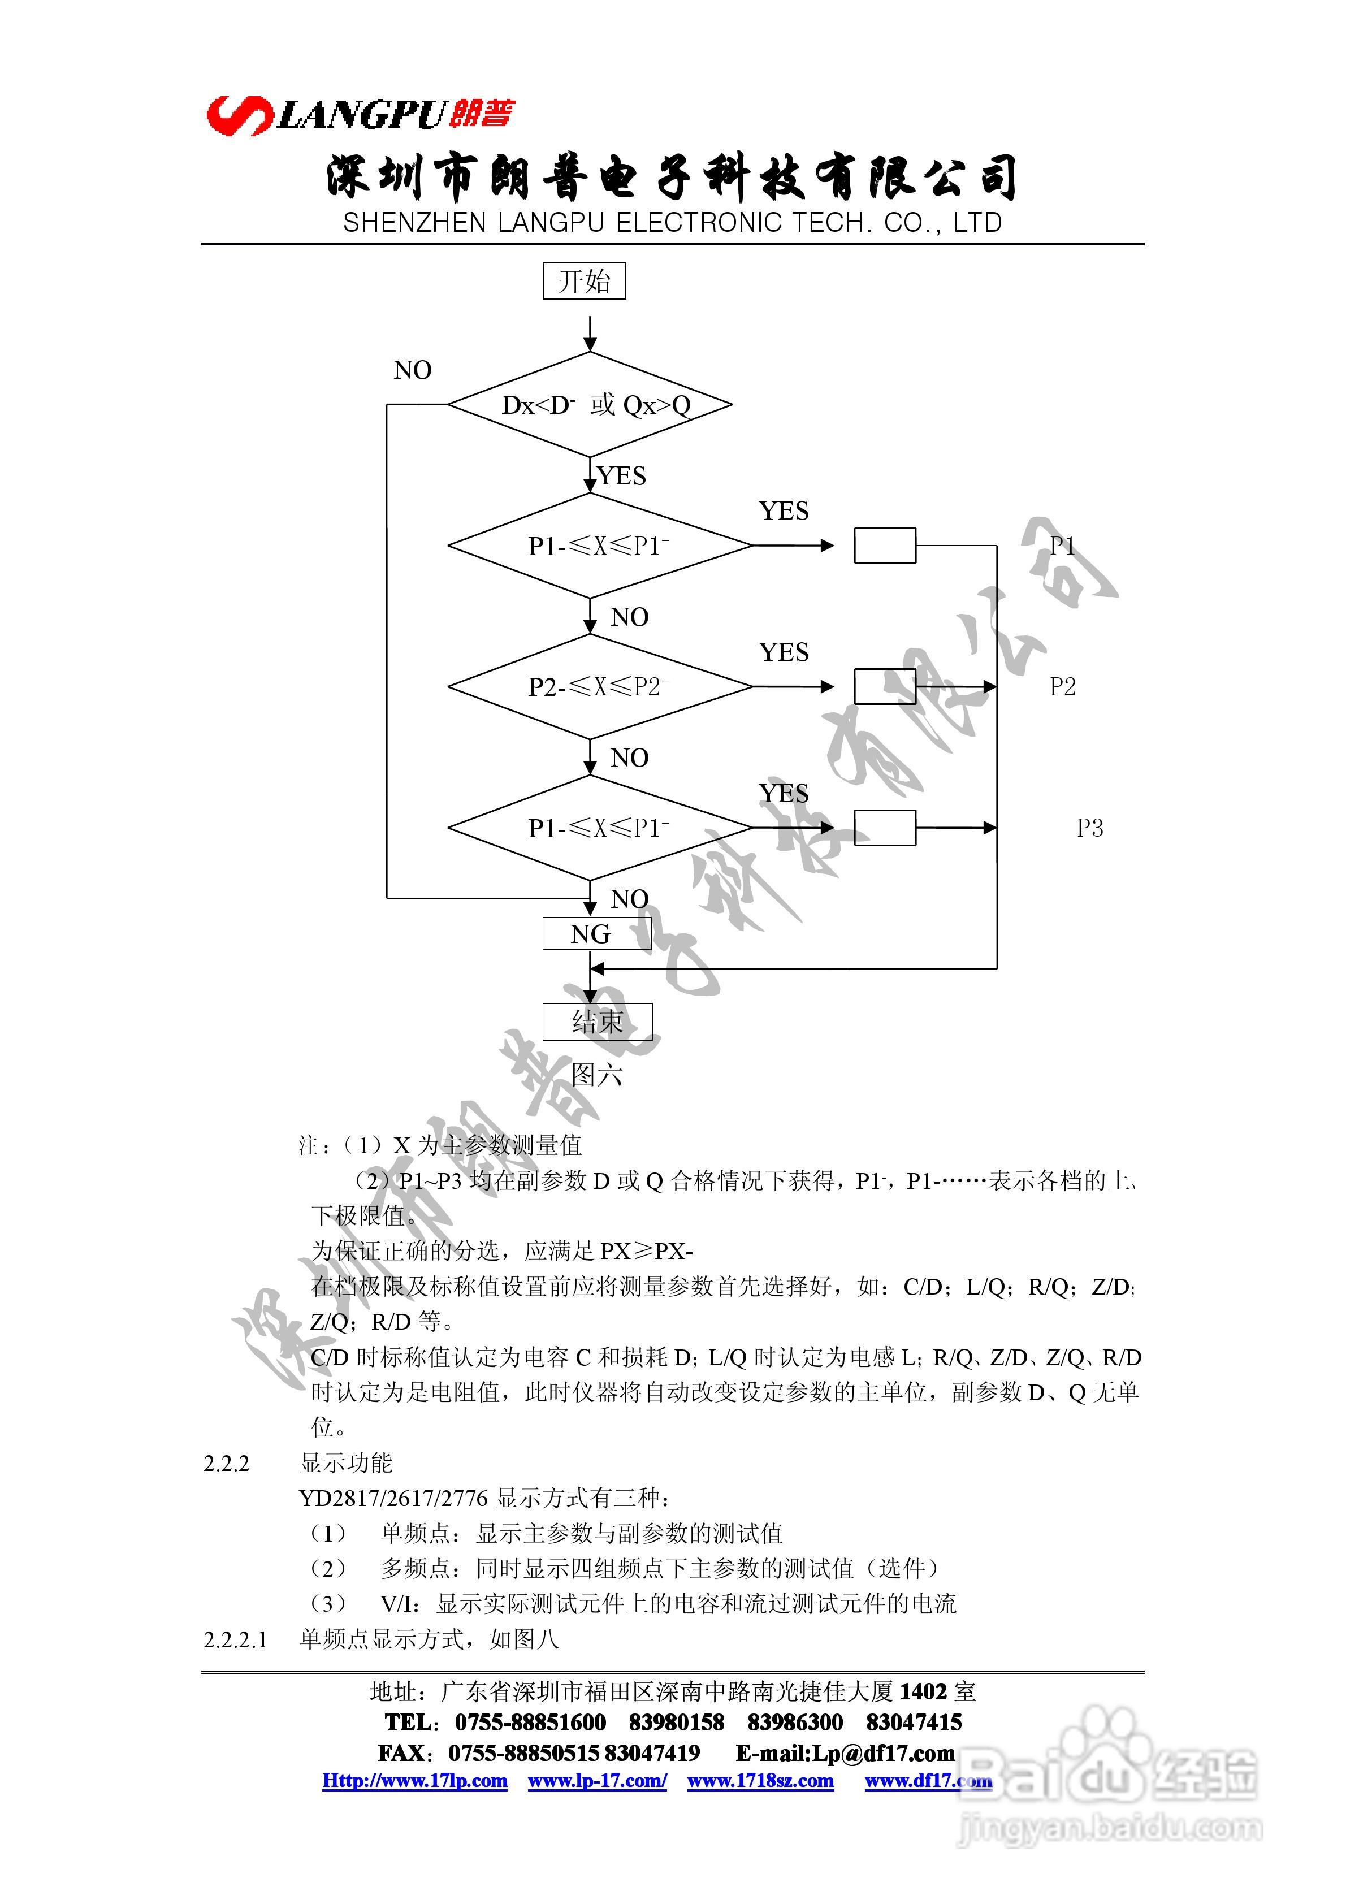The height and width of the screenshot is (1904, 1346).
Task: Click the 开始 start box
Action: click(584, 281)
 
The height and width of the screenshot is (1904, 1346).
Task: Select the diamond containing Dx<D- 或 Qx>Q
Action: click(590, 405)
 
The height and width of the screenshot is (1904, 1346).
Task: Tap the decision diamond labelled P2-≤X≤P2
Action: click(599, 687)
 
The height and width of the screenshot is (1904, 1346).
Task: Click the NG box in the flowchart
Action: click(591, 934)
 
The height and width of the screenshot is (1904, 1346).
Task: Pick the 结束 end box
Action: click(597, 1022)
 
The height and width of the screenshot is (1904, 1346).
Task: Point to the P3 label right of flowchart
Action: click(1090, 828)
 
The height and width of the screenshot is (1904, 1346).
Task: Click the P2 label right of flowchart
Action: click(1062, 687)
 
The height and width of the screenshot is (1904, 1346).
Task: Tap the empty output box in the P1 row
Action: click(885, 546)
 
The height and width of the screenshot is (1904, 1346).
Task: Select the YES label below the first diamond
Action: click(621, 476)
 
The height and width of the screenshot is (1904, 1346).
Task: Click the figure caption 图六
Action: click(596, 1076)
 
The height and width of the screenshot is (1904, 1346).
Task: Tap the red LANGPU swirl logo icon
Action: click(239, 114)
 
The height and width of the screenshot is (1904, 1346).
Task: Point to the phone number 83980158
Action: click(676, 1723)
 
